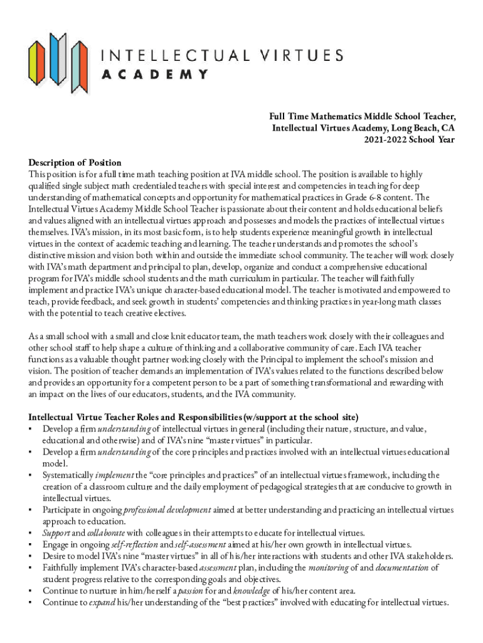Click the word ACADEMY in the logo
pos(155,75)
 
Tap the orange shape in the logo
pos(80,61)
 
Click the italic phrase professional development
pos(164,510)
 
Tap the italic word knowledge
pos(234,591)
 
